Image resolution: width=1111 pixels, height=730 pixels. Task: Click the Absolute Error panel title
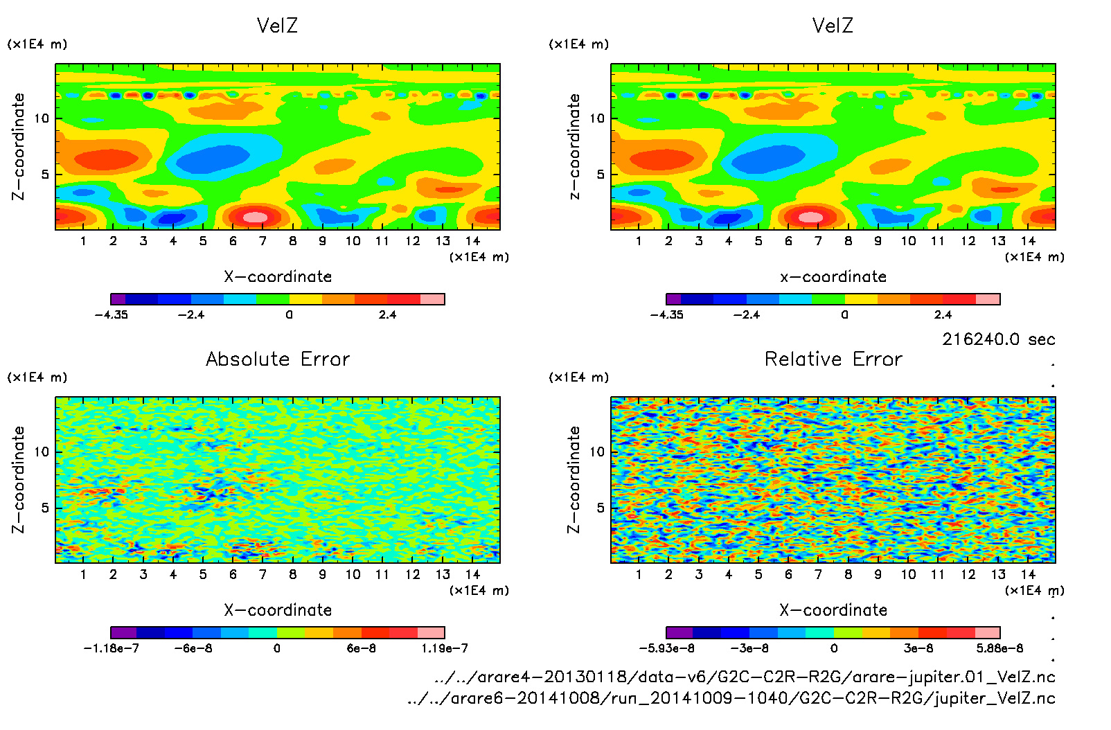click(278, 359)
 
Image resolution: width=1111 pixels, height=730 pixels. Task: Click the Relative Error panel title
click(833, 359)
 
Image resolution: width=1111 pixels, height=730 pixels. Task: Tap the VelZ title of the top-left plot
click(277, 26)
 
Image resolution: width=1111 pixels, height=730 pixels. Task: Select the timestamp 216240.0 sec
click(998, 339)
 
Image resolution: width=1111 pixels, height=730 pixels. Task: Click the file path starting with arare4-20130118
click(745, 677)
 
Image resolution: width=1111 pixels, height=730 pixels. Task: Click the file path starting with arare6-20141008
click(731, 698)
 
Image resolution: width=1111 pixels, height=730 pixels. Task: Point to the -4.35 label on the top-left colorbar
click(112, 314)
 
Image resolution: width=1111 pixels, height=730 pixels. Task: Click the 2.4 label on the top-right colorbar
click(943, 314)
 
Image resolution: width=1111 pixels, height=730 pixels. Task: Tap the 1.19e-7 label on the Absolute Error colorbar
click(444, 648)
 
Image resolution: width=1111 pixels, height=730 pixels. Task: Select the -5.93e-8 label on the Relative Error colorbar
click(666, 648)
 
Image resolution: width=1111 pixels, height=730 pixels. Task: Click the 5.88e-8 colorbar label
click(999, 648)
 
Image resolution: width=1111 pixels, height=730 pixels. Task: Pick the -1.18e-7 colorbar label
click(112, 648)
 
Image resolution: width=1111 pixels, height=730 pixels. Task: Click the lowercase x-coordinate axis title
click(833, 277)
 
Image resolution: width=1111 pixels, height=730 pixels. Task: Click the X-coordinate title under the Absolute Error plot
click(278, 610)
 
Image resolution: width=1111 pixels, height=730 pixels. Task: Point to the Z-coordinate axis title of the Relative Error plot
click(574, 480)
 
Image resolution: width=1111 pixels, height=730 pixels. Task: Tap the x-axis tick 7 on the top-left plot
click(263, 241)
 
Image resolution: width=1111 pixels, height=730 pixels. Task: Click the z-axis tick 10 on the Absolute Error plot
click(42, 452)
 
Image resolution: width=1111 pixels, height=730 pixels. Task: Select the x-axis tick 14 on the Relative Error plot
click(1028, 574)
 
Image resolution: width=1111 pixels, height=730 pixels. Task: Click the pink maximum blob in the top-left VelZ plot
click(255, 217)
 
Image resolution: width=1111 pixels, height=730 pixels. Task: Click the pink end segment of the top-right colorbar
click(988, 299)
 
